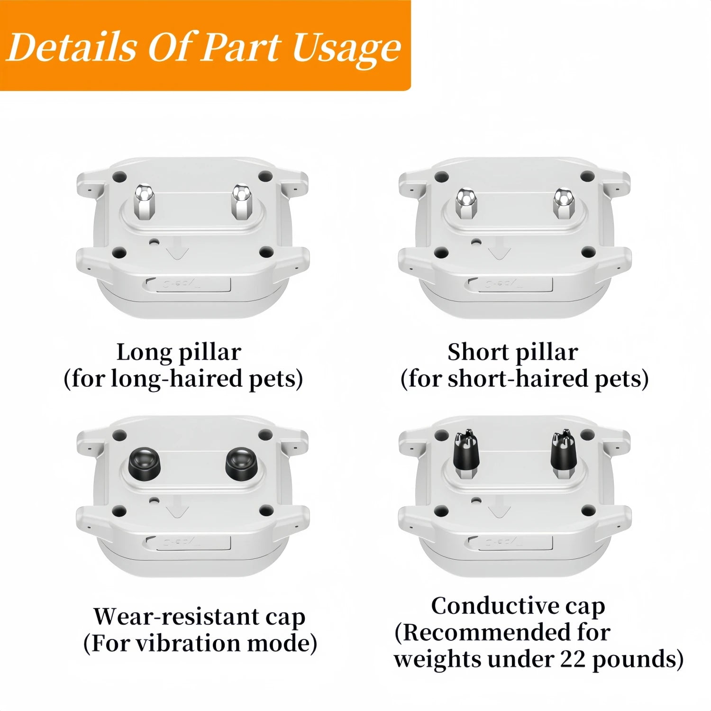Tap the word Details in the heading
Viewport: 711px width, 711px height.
[x=73, y=47]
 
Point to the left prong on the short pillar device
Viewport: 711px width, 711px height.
[x=465, y=204]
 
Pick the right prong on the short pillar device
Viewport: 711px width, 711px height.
[x=564, y=204]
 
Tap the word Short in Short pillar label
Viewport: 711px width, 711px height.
[x=477, y=352]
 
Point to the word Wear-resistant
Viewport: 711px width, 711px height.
[x=176, y=616]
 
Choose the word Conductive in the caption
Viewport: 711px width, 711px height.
[x=492, y=606]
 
